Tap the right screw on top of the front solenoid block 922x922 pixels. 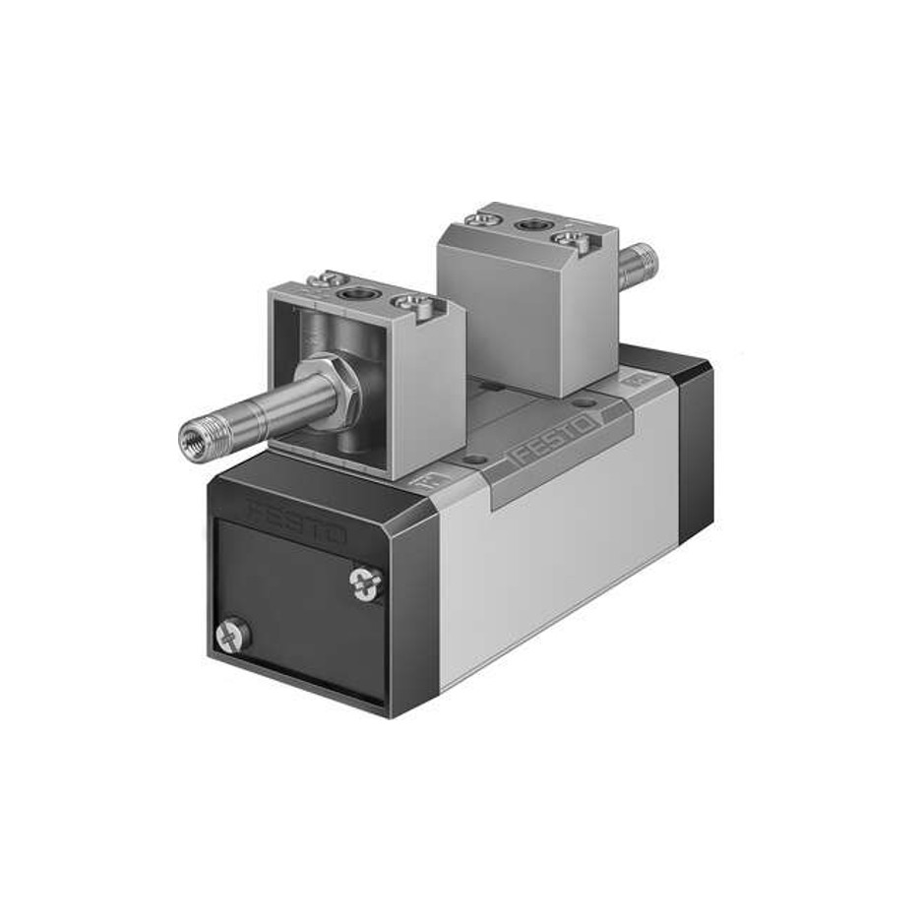405,305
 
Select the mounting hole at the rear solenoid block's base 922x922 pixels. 587,402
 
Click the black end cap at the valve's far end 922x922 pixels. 693,433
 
